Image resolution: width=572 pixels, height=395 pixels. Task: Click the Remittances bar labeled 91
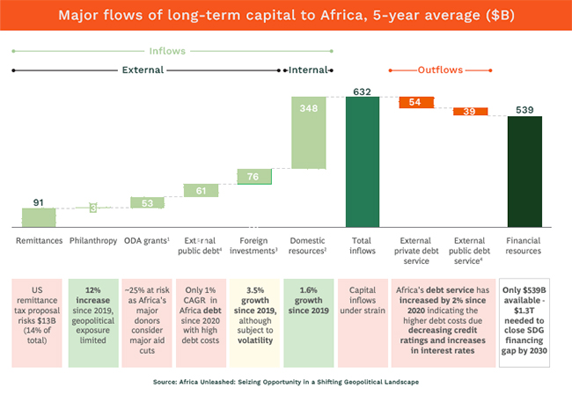[38, 216]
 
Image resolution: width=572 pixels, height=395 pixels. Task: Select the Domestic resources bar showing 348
[309, 132]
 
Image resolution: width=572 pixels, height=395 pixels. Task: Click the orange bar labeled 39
[470, 111]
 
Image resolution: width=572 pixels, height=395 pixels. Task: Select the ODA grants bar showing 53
[146, 202]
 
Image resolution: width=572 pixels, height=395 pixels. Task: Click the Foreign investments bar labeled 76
[254, 177]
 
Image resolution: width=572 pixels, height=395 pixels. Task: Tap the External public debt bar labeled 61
[201, 190]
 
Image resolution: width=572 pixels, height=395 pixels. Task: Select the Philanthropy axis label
[92, 240]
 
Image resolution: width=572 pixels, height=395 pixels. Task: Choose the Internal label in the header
[308, 69]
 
